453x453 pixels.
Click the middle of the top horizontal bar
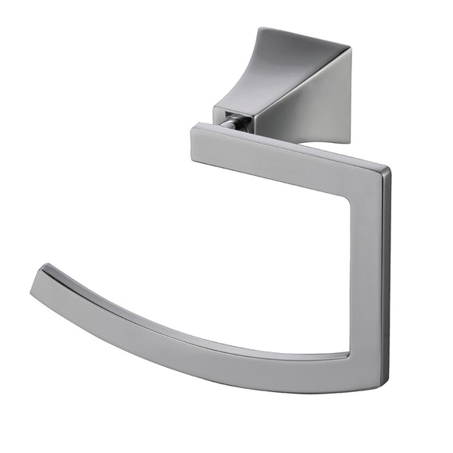click(x=289, y=160)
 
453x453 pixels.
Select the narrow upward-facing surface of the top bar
click(x=289, y=141)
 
